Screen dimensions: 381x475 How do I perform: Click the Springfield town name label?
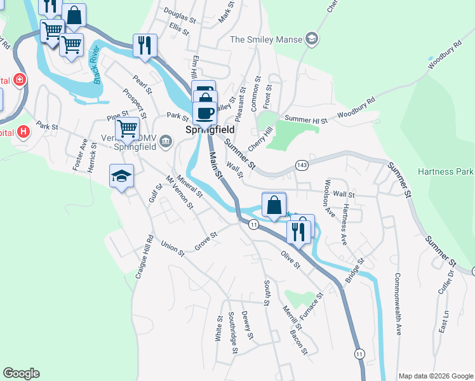(x=210, y=130)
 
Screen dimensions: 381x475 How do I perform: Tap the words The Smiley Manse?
(x=265, y=39)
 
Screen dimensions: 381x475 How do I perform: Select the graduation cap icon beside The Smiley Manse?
(x=311, y=39)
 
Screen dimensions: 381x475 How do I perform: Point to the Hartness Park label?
(x=446, y=171)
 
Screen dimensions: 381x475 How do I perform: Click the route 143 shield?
(x=301, y=165)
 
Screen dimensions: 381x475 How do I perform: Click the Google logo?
(x=21, y=373)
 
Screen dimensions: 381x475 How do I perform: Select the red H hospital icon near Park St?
(x=23, y=131)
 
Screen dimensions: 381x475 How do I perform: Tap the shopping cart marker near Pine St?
(x=128, y=128)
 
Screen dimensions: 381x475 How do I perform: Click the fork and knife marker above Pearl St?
(x=145, y=45)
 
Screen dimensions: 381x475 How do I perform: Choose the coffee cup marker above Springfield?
(x=204, y=113)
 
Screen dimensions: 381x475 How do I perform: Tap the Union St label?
(x=172, y=248)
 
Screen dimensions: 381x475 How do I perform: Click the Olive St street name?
(x=290, y=259)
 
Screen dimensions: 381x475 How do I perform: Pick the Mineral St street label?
(x=190, y=185)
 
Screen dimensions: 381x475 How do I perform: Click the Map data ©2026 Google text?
(x=435, y=376)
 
